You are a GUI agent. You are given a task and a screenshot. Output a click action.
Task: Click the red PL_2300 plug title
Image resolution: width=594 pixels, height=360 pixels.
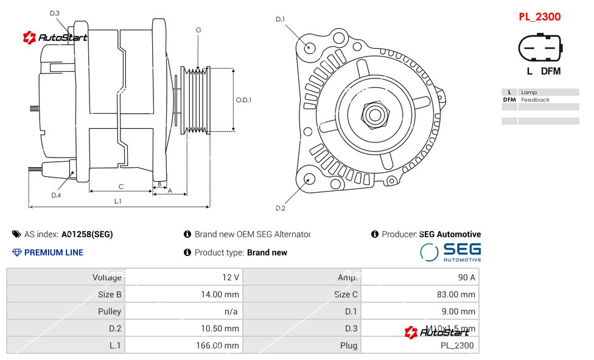coord(539,17)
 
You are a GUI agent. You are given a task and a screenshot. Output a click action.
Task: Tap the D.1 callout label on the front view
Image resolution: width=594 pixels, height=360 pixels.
coord(280,19)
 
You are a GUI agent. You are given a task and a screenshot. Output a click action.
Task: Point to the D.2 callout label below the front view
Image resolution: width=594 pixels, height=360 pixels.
coord(280,209)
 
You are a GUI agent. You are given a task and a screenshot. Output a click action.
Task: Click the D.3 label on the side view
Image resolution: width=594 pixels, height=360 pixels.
coord(55,13)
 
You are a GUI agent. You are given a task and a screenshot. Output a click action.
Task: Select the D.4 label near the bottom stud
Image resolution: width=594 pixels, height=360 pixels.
coord(56,195)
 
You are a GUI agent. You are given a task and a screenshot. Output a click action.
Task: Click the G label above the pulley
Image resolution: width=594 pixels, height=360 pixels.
coord(198,30)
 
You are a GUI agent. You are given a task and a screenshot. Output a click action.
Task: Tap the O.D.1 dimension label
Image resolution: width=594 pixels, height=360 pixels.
coord(243,100)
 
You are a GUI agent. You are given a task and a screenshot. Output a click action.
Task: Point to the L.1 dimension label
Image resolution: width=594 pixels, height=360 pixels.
coord(118,201)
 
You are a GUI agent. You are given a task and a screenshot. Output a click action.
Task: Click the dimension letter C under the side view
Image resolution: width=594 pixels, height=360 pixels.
coord(121,187)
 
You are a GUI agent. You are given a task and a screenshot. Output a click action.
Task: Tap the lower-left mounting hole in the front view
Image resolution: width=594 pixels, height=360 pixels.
coord(309,179)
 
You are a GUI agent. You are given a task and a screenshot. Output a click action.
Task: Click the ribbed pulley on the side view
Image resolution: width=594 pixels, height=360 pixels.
coord(196,100)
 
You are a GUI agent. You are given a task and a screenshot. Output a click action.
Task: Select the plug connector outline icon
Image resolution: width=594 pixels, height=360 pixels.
coord(539,47)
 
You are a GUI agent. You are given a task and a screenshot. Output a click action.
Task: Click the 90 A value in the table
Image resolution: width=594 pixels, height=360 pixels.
coord(467,277)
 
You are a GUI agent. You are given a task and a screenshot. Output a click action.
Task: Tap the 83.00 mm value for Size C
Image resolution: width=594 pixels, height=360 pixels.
coord(459,294)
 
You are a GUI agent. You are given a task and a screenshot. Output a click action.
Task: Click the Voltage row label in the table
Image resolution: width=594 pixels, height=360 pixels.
coord(107,277)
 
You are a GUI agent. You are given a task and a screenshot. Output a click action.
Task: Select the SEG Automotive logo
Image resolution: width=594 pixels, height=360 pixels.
coord(450,252)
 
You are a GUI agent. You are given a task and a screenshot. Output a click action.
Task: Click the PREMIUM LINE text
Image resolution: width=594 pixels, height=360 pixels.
coord(54,252)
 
